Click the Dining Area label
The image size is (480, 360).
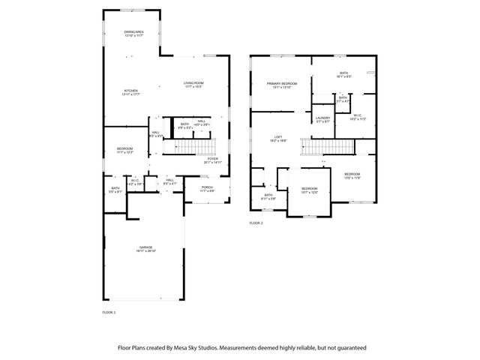pos(134,31)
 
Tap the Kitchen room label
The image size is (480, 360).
pos(130,91)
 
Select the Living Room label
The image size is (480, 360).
pos(193,82)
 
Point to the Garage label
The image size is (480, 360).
pos(145,247)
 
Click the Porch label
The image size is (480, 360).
pos(207,187)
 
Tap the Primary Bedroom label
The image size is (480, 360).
pos(282,83)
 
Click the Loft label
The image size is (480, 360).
pos(277,136)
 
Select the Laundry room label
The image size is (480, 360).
pos(323,118)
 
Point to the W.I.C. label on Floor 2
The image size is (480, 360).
pos(358,115)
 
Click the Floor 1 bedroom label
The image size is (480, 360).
pos(124,149)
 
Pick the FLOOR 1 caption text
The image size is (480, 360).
pos(109,311)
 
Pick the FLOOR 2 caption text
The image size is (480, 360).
pos(256,223)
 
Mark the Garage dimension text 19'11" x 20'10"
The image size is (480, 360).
pos(145,250)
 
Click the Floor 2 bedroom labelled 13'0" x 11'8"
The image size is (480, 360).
pos(352,175)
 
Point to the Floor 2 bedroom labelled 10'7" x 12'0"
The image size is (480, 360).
pos(310,189)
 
